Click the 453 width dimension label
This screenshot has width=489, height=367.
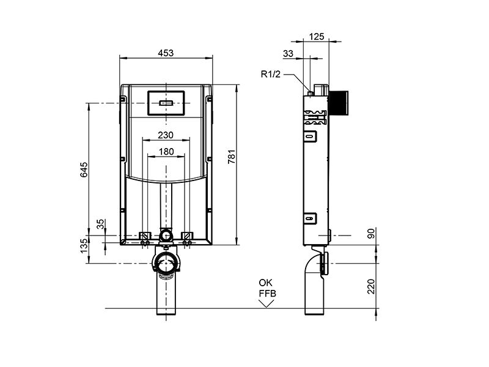(166, 53)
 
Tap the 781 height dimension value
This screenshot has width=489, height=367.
(232, 157)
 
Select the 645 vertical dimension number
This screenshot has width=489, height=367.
(84, 169)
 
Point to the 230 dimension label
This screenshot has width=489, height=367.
(166, 135)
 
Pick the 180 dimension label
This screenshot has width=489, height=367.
(166, 152)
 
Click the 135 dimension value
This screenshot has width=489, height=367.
(84, 246)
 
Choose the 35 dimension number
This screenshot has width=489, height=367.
(100, 224)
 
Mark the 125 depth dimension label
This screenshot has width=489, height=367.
(317, 37)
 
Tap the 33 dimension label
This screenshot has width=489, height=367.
(288, 54)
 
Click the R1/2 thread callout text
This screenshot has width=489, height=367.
(271, 74)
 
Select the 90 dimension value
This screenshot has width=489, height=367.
(371, 234)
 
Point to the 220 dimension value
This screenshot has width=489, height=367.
(371, 286)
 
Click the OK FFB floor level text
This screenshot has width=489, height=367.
(267, 288)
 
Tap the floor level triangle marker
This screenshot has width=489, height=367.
(266, 303)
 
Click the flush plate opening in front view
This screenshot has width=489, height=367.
(166, 103)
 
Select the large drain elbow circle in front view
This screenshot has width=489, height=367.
(166, 262)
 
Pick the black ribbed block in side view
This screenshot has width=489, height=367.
(338, 102)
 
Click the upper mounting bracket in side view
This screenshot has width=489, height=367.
(310, 136)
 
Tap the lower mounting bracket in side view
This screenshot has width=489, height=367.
(310, 218)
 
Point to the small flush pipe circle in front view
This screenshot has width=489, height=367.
(166, 235)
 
